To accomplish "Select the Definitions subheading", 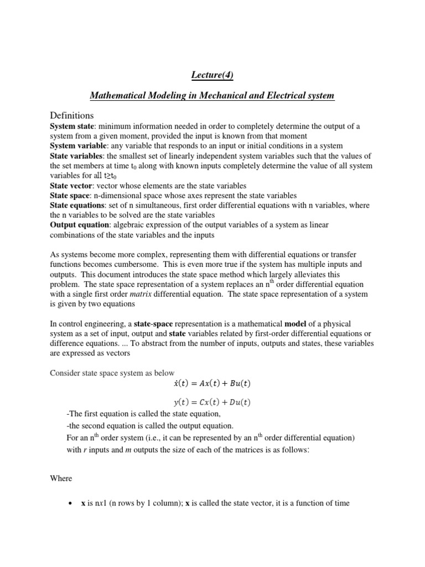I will point(72,115).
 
